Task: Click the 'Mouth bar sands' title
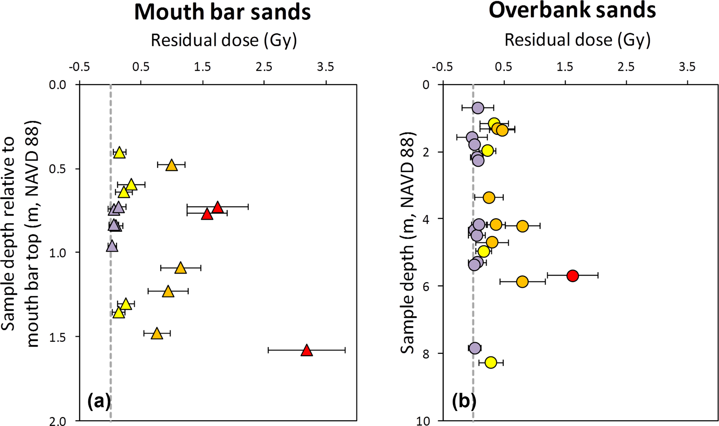[222, 12]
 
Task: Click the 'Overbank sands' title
[572, 10]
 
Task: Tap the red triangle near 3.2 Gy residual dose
[306, 351]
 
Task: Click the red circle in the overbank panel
[572, 276]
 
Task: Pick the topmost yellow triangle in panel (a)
[119, 153]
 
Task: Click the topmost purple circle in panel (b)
[478, 108]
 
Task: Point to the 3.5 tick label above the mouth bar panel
[326, 67]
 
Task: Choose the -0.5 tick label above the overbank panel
[442, 67]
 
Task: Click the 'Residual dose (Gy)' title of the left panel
[224, 40]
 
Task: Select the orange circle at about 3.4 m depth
[489, 198]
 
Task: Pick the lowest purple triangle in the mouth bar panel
[112, 246]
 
